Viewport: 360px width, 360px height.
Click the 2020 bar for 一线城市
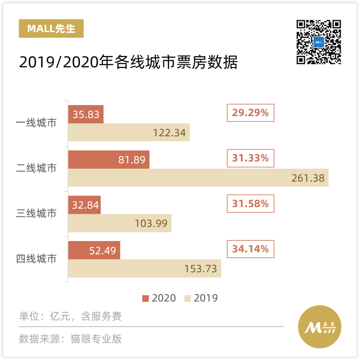(86, 114)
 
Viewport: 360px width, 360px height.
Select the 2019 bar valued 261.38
(198, 178)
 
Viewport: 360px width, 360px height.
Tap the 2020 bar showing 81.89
(109, 159)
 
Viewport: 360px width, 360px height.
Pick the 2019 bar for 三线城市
(120, 223)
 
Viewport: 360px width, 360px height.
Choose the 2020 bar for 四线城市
(94, 250)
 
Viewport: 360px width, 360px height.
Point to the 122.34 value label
(169, 133)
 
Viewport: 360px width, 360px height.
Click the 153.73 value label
(201, 269)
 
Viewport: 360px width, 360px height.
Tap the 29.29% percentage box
(250, 113)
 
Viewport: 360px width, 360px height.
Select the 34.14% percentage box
(250, 249)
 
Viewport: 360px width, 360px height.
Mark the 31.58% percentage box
(250, 204)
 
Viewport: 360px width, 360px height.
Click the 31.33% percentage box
(250, 158)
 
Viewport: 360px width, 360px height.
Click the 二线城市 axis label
(36, 168)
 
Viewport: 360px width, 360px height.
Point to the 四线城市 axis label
(36, 259)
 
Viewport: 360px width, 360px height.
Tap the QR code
(319, 42)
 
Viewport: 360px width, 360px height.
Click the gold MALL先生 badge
(51, 29)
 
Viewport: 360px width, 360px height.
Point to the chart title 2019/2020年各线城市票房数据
(128, 62)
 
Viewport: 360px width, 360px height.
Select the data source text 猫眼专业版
(96, 339)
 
